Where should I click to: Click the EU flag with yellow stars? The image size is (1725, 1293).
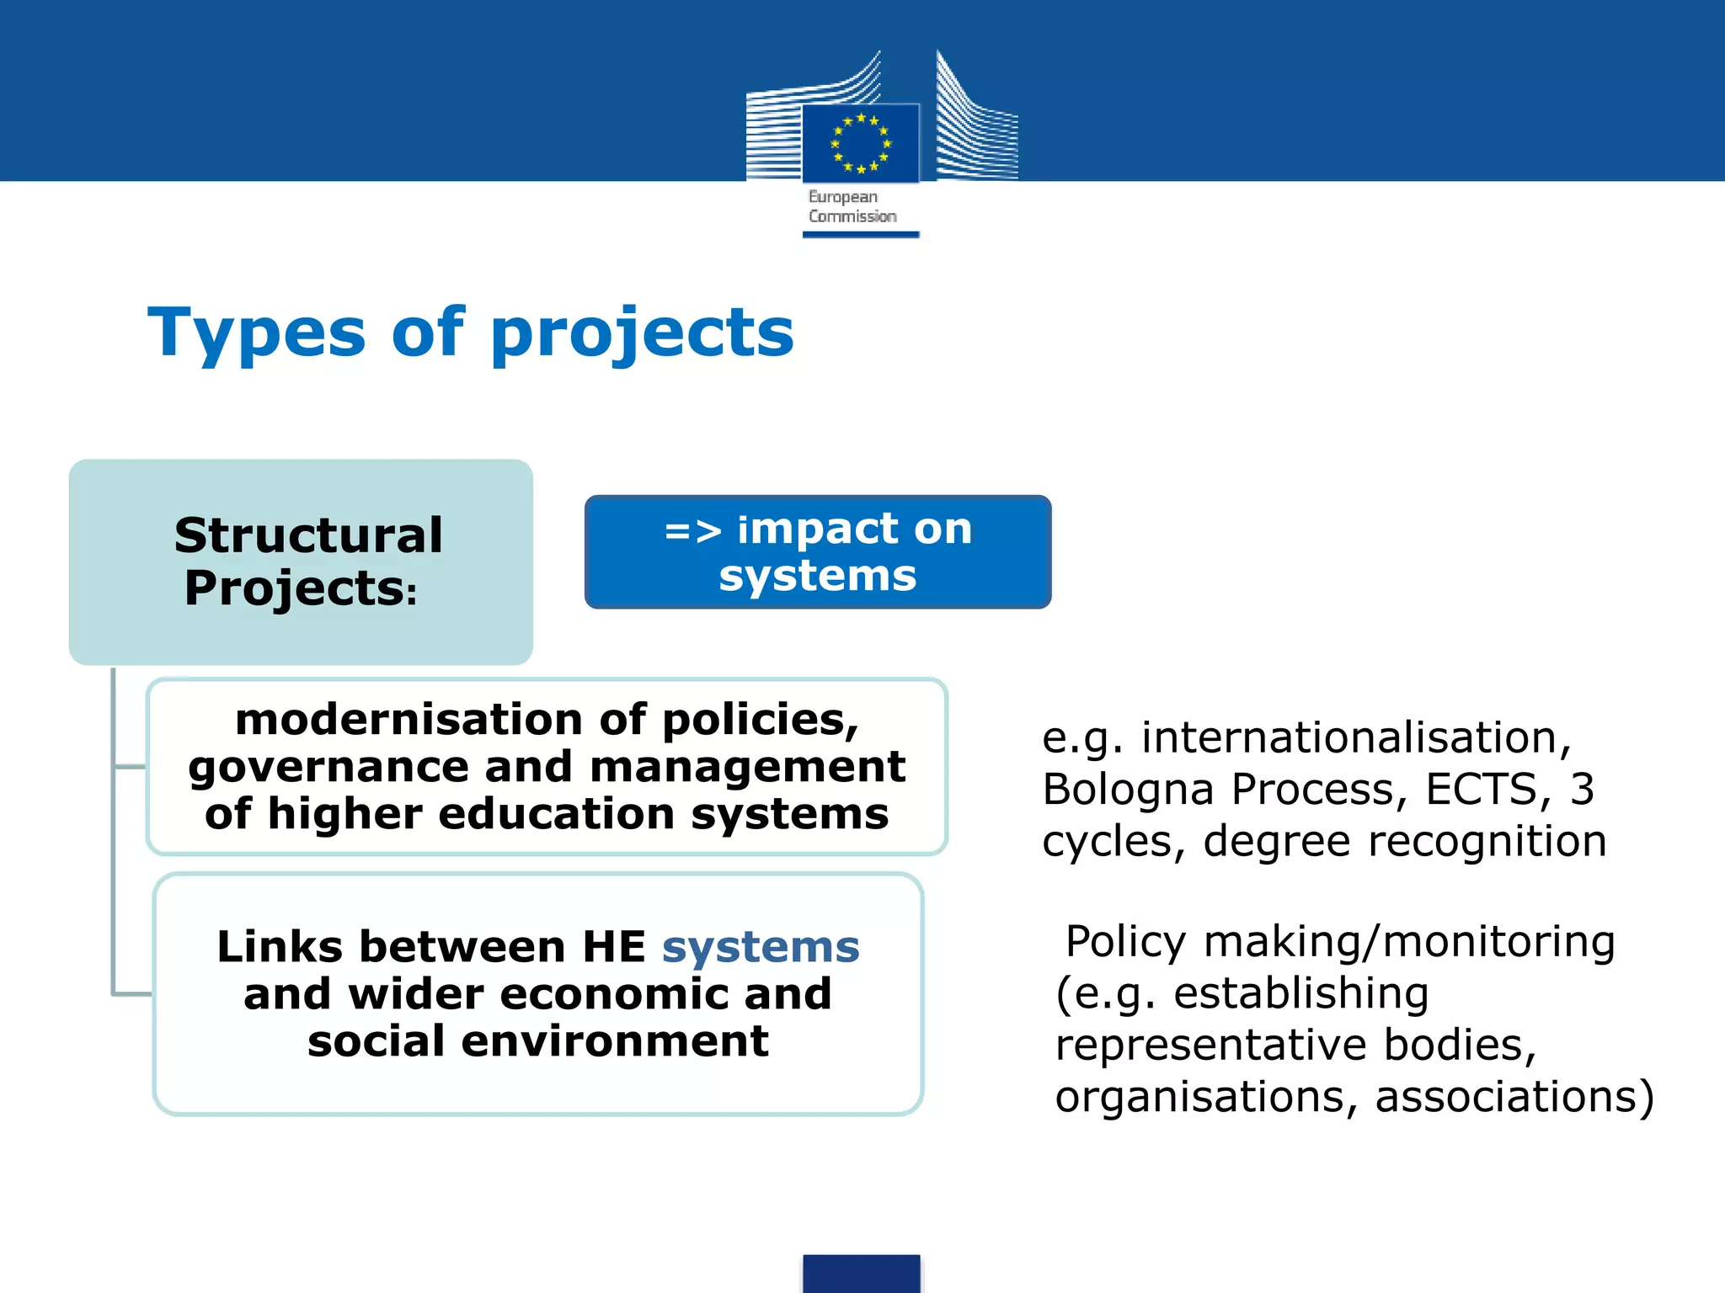point(860,142)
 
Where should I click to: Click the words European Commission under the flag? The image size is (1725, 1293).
point(852,207)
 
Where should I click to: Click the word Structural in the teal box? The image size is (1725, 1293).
point(308,535)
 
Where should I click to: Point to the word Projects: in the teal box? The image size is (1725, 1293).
point(301,588)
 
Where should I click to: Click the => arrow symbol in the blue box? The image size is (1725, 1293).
point(692,530)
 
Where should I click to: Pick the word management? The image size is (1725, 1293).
point(747,767)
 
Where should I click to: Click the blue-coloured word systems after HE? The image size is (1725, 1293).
point(761,947)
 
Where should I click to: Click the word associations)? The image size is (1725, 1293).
point(1514,1097)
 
